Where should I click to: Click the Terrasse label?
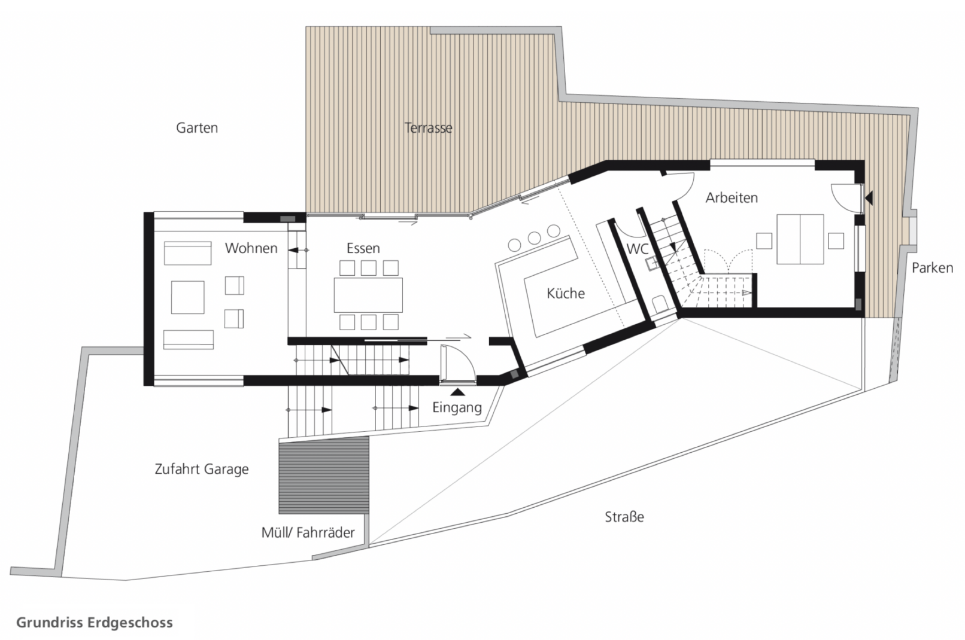coord(428,128)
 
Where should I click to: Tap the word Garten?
coord(197,128)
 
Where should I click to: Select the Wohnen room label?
coord(251,248)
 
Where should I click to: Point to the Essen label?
coord(363,248)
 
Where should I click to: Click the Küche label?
coord(566,294)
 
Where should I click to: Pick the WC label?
coord(637,249)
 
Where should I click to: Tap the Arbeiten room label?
coord(732,198)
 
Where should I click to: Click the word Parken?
coord(932,268)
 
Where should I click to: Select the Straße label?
coord(624,517)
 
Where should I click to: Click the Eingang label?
coord(457,408)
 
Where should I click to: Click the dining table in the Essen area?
coord(368,295)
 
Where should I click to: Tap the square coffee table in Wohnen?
coord(188,297)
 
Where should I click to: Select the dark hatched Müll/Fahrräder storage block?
coord(324,475)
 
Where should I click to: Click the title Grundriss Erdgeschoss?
coord(95,623)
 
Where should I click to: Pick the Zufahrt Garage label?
coord(202,469)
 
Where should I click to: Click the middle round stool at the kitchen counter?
coord(534,238)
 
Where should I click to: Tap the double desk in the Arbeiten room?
coord(800,239)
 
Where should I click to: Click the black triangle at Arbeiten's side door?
coord(869,198)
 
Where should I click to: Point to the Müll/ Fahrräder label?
coord(308,533)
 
